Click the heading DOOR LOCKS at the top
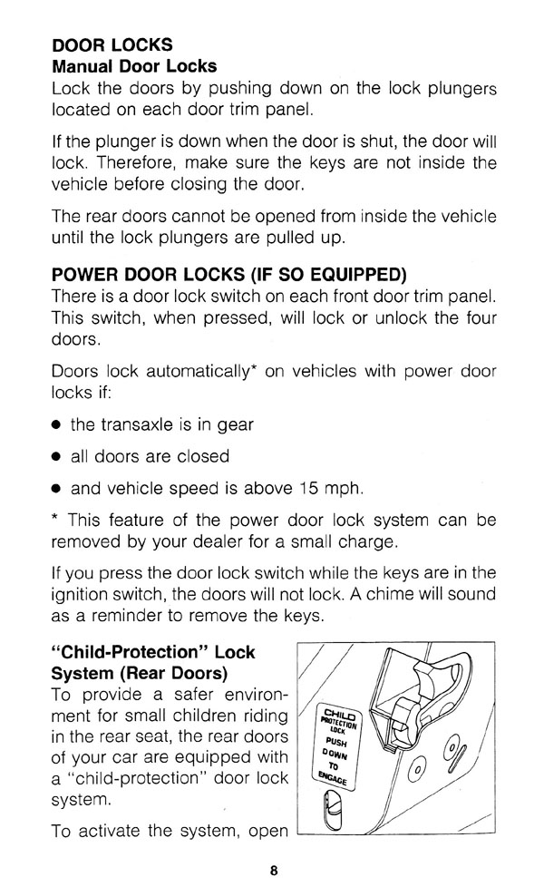coord(112,44)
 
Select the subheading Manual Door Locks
coord(134,66)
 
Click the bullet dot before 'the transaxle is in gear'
coord(56,424)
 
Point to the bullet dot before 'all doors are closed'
coord(56,456)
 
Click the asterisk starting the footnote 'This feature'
coord(56,521)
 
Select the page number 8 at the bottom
coord(272,872)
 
